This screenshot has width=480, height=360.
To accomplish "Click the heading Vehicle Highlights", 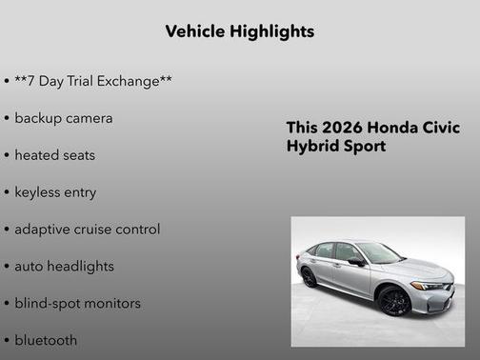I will click(x=239, y=31).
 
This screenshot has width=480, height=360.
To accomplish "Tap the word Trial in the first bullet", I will click(x=84, y=81).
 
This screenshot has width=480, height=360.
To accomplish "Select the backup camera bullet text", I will click(x=63, y=118).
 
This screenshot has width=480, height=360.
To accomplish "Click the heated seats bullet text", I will click(x=54, y=154).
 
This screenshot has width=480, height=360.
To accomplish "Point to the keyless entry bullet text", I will click(x=55, y=191).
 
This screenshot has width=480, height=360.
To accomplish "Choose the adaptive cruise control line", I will click(x=87, y=229).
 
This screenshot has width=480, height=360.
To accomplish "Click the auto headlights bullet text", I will click(x=64, y=266).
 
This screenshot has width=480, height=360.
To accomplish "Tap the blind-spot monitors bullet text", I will click(x=77, y=303).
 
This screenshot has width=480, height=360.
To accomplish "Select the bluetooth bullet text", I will click(x=46, y=340).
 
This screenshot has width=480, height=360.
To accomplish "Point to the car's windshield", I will click(x=377, y=252).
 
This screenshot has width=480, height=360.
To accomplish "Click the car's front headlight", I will click(x=428, y=285).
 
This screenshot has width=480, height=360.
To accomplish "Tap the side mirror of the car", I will click(x=355, y=260).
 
